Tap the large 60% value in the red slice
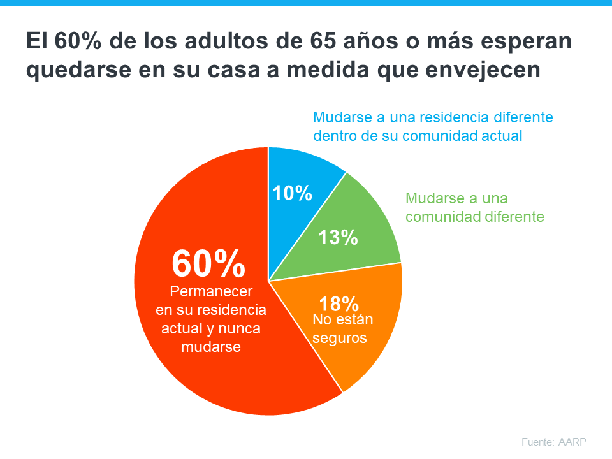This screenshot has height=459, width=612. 208,263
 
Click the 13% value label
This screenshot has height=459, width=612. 338,238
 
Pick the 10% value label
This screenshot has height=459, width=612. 293,193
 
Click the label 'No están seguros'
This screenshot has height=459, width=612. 340,329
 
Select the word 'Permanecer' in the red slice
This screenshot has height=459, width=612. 211,291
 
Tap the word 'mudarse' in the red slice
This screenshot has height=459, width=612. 211,347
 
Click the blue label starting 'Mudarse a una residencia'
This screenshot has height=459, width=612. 433,126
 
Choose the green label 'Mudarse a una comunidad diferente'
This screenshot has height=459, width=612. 474,207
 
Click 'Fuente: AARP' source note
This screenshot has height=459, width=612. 553,442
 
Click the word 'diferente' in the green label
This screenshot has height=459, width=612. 509,217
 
